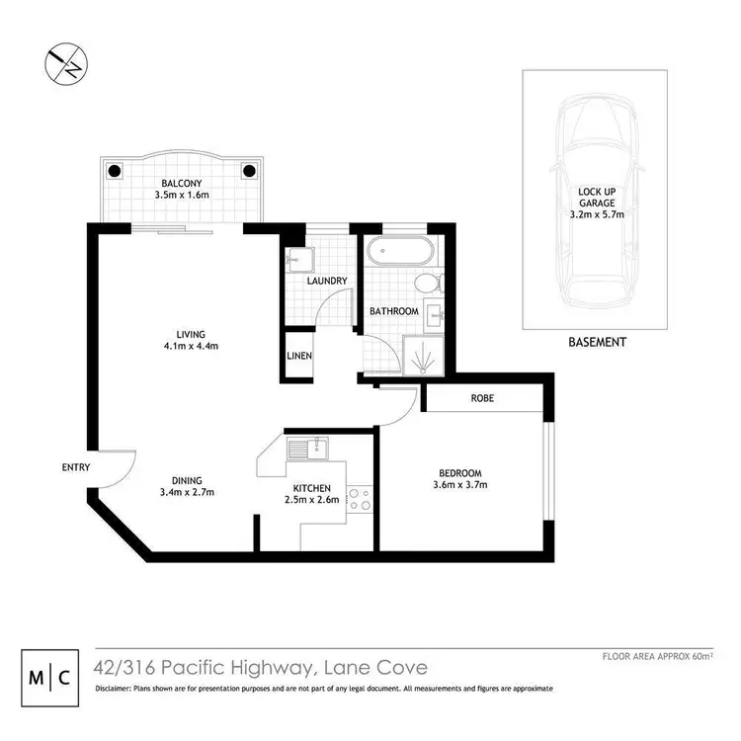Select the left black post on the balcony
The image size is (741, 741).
coord(114,170)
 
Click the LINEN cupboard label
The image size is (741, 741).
coord(299,356)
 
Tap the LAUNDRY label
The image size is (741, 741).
coord(326,282)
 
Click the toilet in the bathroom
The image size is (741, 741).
coord(427,284)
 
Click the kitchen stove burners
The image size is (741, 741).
coord(360,500)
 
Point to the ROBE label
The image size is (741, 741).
coord(482,398)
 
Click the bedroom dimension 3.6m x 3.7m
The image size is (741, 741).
coord(459,485)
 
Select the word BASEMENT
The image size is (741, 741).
coord(597,342)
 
